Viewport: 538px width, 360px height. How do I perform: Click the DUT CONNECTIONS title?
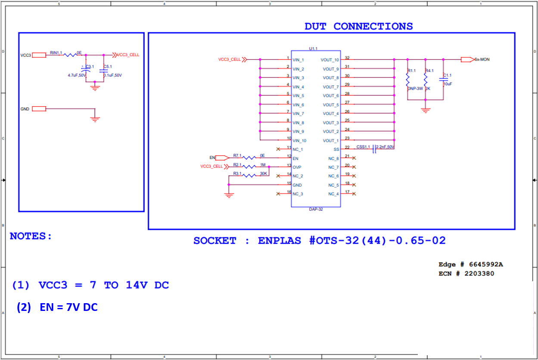tap(358, 26)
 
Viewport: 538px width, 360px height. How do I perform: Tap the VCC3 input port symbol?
tap(39, 55)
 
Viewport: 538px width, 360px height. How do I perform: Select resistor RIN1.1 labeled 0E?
tap(70, 55)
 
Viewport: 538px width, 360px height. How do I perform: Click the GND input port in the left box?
tap(39, 109)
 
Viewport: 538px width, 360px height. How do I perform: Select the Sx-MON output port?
tap(466, 59)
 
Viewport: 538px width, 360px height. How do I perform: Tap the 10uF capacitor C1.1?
tap(443, 79)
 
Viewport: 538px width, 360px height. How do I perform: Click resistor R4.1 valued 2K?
tap(425, 80)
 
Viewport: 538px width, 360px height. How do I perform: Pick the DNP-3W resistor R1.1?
tap(407, 80)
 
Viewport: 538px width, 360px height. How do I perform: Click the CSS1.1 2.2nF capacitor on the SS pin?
tap(374, 147)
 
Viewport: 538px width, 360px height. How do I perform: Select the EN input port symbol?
tap(224, 158)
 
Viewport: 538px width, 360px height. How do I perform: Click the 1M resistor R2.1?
tap(249, 166)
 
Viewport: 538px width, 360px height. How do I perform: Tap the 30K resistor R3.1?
tap(249, 175)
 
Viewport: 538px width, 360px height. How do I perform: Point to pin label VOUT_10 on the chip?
tap(330, 60)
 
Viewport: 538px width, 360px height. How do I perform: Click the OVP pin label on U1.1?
tap(297, 167)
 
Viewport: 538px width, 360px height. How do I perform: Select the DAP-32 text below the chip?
tap(316, 209)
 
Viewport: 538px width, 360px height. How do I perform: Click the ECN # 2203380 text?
tap(466, 273)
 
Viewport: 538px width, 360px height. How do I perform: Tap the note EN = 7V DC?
tap(68, 307)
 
